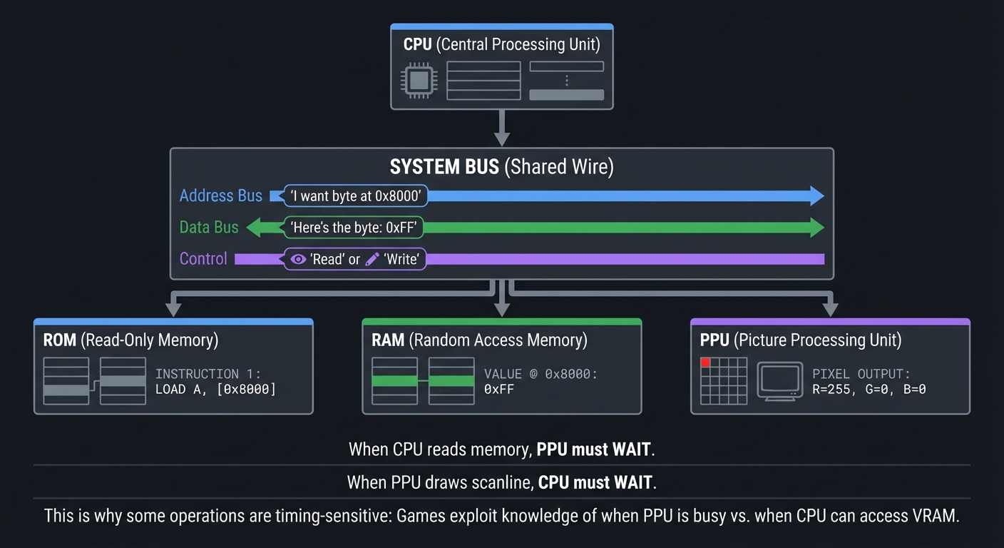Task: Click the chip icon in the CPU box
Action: tap(419, 80)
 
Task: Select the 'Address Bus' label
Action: tap(220, 196)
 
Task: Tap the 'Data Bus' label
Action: tap(209, 228)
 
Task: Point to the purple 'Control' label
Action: tap(203, 258)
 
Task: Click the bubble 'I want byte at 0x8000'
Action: tap(355, 196)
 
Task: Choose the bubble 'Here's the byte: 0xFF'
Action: tap(354, 228)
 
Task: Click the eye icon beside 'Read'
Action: tap(298, 259)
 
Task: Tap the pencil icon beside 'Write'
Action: tap(372, 259)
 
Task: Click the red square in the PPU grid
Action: tap(706, 362)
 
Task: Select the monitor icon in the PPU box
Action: tap(779, 380)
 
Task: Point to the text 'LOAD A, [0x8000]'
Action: tap(215, 390)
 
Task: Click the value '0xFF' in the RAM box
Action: tap(498, 390)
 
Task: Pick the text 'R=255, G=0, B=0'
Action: tap(869, 390)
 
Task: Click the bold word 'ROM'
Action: tap(60, 340)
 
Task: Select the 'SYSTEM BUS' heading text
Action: tap(444, 167)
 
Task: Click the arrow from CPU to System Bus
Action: tap(502, 128)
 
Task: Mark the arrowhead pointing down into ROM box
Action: tap(173, 309)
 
